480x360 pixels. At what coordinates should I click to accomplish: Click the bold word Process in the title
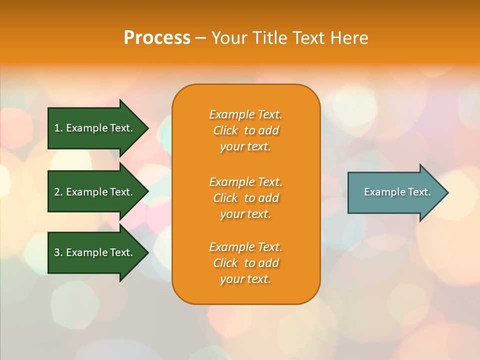click(x=157, y=38)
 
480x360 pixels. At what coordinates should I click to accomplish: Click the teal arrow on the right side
click(x=395, y=192)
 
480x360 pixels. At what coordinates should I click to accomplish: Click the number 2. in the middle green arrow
click(x=58, y=192)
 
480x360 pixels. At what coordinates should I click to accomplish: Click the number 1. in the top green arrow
click(x=58, y=128)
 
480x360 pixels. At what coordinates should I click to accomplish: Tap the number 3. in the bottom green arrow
click(x=58, y=252)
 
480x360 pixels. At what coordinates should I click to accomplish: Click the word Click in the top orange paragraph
click(x=225, y=130)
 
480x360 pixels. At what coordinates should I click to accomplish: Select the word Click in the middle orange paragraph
click(x=225, y=198)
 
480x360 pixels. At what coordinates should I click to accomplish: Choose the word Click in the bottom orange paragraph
click(x=225, y=263)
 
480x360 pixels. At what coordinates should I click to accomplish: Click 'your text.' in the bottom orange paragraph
click(x=245, y=279)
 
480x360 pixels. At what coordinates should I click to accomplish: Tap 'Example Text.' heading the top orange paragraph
click(x=245, y=114)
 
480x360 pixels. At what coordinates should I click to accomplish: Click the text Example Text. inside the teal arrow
click(x=397, y=192)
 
